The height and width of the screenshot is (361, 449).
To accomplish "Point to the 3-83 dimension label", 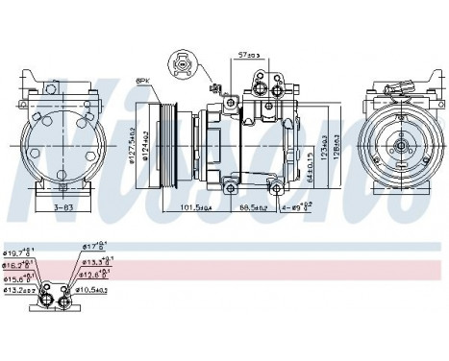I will (62, 205).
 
